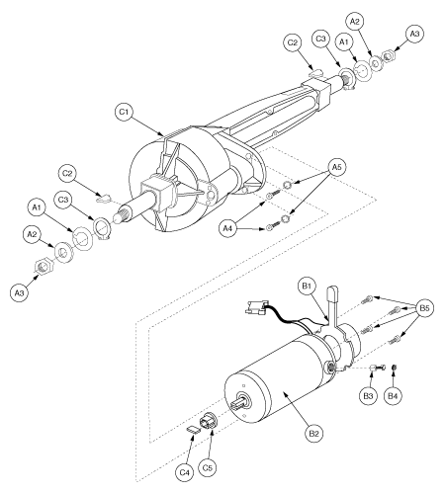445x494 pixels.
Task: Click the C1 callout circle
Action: [x=125, y=113]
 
